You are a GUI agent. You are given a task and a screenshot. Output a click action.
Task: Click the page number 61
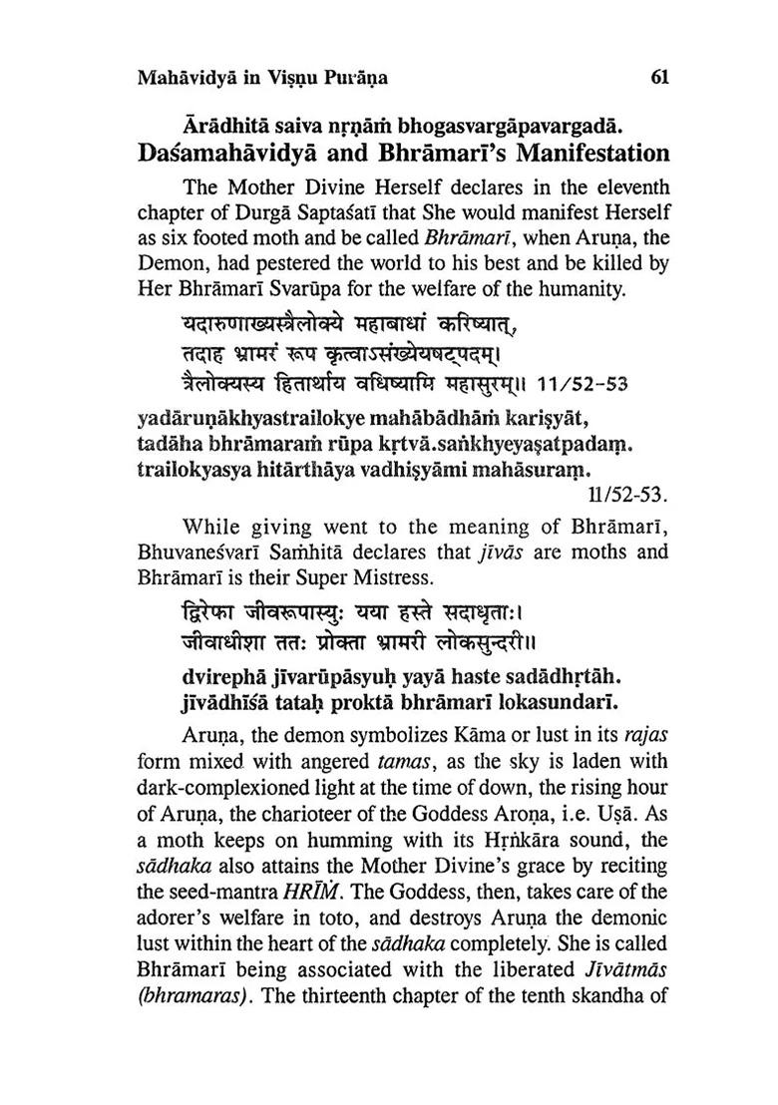click(x=658, y=77)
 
